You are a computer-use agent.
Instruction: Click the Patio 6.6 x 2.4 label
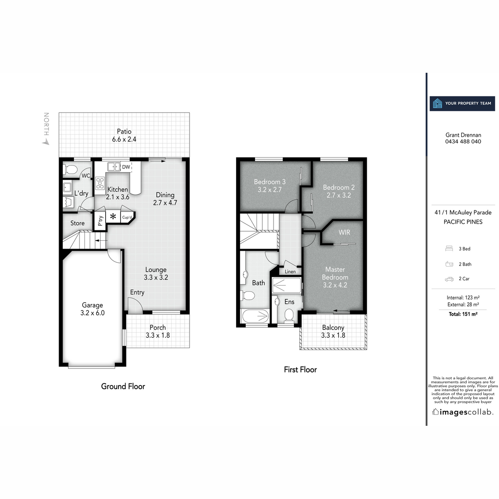[x=124, y=136]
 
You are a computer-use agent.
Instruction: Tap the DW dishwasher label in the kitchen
[x=126, y=167]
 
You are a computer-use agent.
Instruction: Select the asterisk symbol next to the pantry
[x=113, y=217]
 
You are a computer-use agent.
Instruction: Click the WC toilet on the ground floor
[x=70, y=170]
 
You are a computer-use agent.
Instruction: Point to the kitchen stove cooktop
[x=100, y=183]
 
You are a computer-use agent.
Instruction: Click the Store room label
[x=77, y=223]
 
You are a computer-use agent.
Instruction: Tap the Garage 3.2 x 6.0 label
[x=92, y=309]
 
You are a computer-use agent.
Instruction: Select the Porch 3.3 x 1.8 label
[x=158, y=331]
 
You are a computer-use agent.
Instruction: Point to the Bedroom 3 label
[x=269, y=185]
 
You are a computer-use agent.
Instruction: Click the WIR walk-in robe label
[x=344, y=232]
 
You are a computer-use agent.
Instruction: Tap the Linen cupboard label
[x=290, y=272]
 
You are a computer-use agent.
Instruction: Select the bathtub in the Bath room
[x=254, y=316]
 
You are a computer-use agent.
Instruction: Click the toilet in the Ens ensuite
[x=289, y=316]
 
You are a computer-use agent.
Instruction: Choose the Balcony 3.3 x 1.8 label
[x=333, y=331]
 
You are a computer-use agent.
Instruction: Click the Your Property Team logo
[x=462, y=103]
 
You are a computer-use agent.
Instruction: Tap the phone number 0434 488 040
[x=463, y=141]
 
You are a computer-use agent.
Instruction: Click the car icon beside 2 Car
[x=449, y=279]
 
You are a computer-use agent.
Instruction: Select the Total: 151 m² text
[x=463, y=314]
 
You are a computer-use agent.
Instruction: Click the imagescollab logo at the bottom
[x=463, y=412]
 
